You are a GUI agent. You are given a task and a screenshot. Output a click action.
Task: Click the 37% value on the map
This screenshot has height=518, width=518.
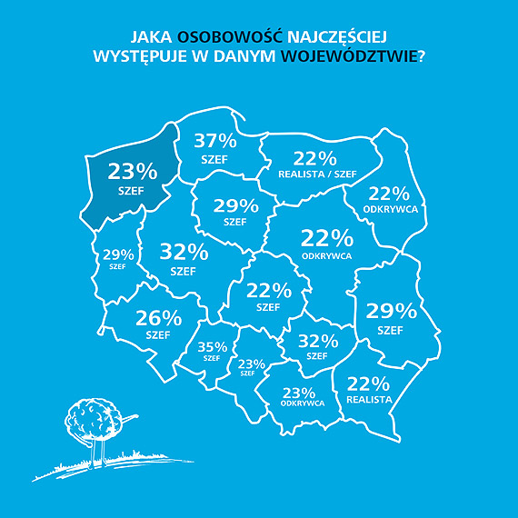point(216,141)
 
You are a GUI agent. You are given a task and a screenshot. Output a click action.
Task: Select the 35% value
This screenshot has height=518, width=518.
point(212,346)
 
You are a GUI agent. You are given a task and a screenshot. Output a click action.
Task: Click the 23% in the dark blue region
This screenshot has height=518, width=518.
point(133,171)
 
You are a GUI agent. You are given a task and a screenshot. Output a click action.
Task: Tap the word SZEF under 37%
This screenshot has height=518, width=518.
point(216,159)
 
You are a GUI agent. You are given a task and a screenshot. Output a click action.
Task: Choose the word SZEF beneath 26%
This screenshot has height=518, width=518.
point(158,335)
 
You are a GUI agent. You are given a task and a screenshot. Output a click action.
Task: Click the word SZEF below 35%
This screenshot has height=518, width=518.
point(212,358)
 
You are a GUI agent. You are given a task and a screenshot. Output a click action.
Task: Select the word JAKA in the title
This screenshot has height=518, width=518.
point(152,38)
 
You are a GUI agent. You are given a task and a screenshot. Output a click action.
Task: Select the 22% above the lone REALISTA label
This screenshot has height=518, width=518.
point(369,384)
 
